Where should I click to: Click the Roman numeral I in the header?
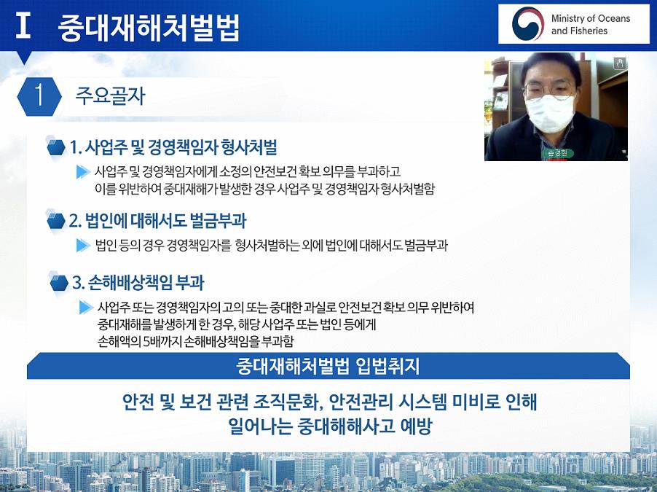pyautogui.click(x=23, y=25)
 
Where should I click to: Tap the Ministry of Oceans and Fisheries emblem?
pyautogui.click(x=527, y=24)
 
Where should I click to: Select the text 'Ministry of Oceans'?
pyautogui.click(x=591, y=18)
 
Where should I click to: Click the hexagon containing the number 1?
pyautogui.click(x=39, y=96)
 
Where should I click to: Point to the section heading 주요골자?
pyautogui.click(x=110, y=96)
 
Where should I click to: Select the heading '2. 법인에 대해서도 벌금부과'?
pyautogui.click(x=158, y=221)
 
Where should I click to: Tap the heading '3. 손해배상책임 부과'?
pyautogui.click(x=138, y=282)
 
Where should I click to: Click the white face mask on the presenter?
pyautogui.click(x=550, y=114)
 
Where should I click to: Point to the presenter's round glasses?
pyautogui.click(x=549, y=90)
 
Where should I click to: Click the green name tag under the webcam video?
pyautogui.click(x=557, y=153)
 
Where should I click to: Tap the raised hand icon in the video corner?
pyautogui.click(x=620, y=63)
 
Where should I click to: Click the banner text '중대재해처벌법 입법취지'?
pyautogui.click(x=328, y=366)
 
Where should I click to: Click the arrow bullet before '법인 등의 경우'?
pyautogui.click(x=83, y=245)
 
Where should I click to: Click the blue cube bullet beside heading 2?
pyautogui.click(x=56, y=220)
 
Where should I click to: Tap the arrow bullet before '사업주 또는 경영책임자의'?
pyautogui.click(x=86, y=307)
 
